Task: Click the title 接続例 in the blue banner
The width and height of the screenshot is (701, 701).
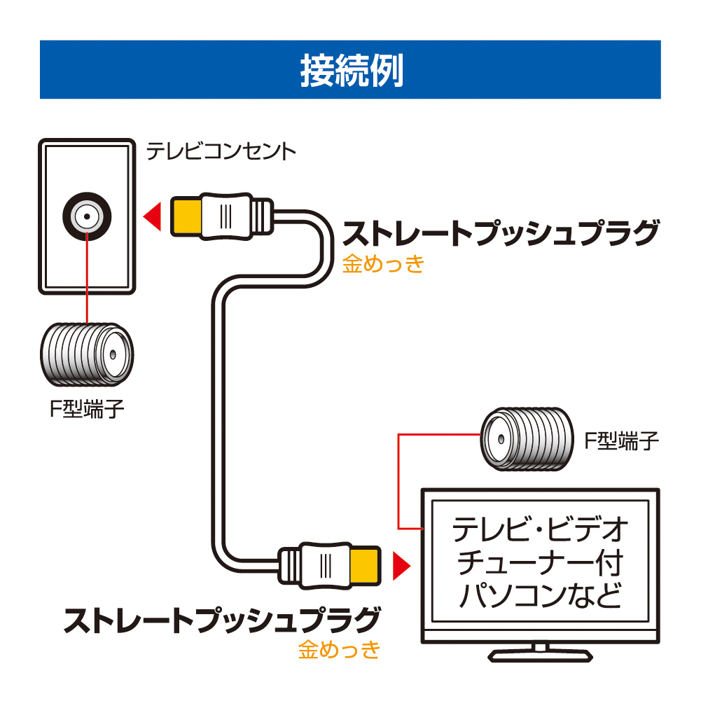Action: pyautogui.click(x=351, y=70)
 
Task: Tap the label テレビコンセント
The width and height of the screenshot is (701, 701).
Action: pyautogui.click(x=221, y=152)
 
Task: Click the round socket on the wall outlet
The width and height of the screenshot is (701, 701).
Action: pyautogui.click(x=85, y=217)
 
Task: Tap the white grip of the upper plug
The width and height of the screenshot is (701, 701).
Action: pyautogui.click(x=226, y=214)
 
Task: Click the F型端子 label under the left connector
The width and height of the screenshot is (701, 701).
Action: pyautogui.click(x=86, y=409)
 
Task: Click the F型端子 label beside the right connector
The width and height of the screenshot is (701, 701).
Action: pyautogui.click(x=621, y=441)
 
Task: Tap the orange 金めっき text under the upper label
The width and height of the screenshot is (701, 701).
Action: pyautogui.click(x=384, y=264)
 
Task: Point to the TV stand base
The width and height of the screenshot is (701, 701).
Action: pyautogui.click(x=539, y=655)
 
